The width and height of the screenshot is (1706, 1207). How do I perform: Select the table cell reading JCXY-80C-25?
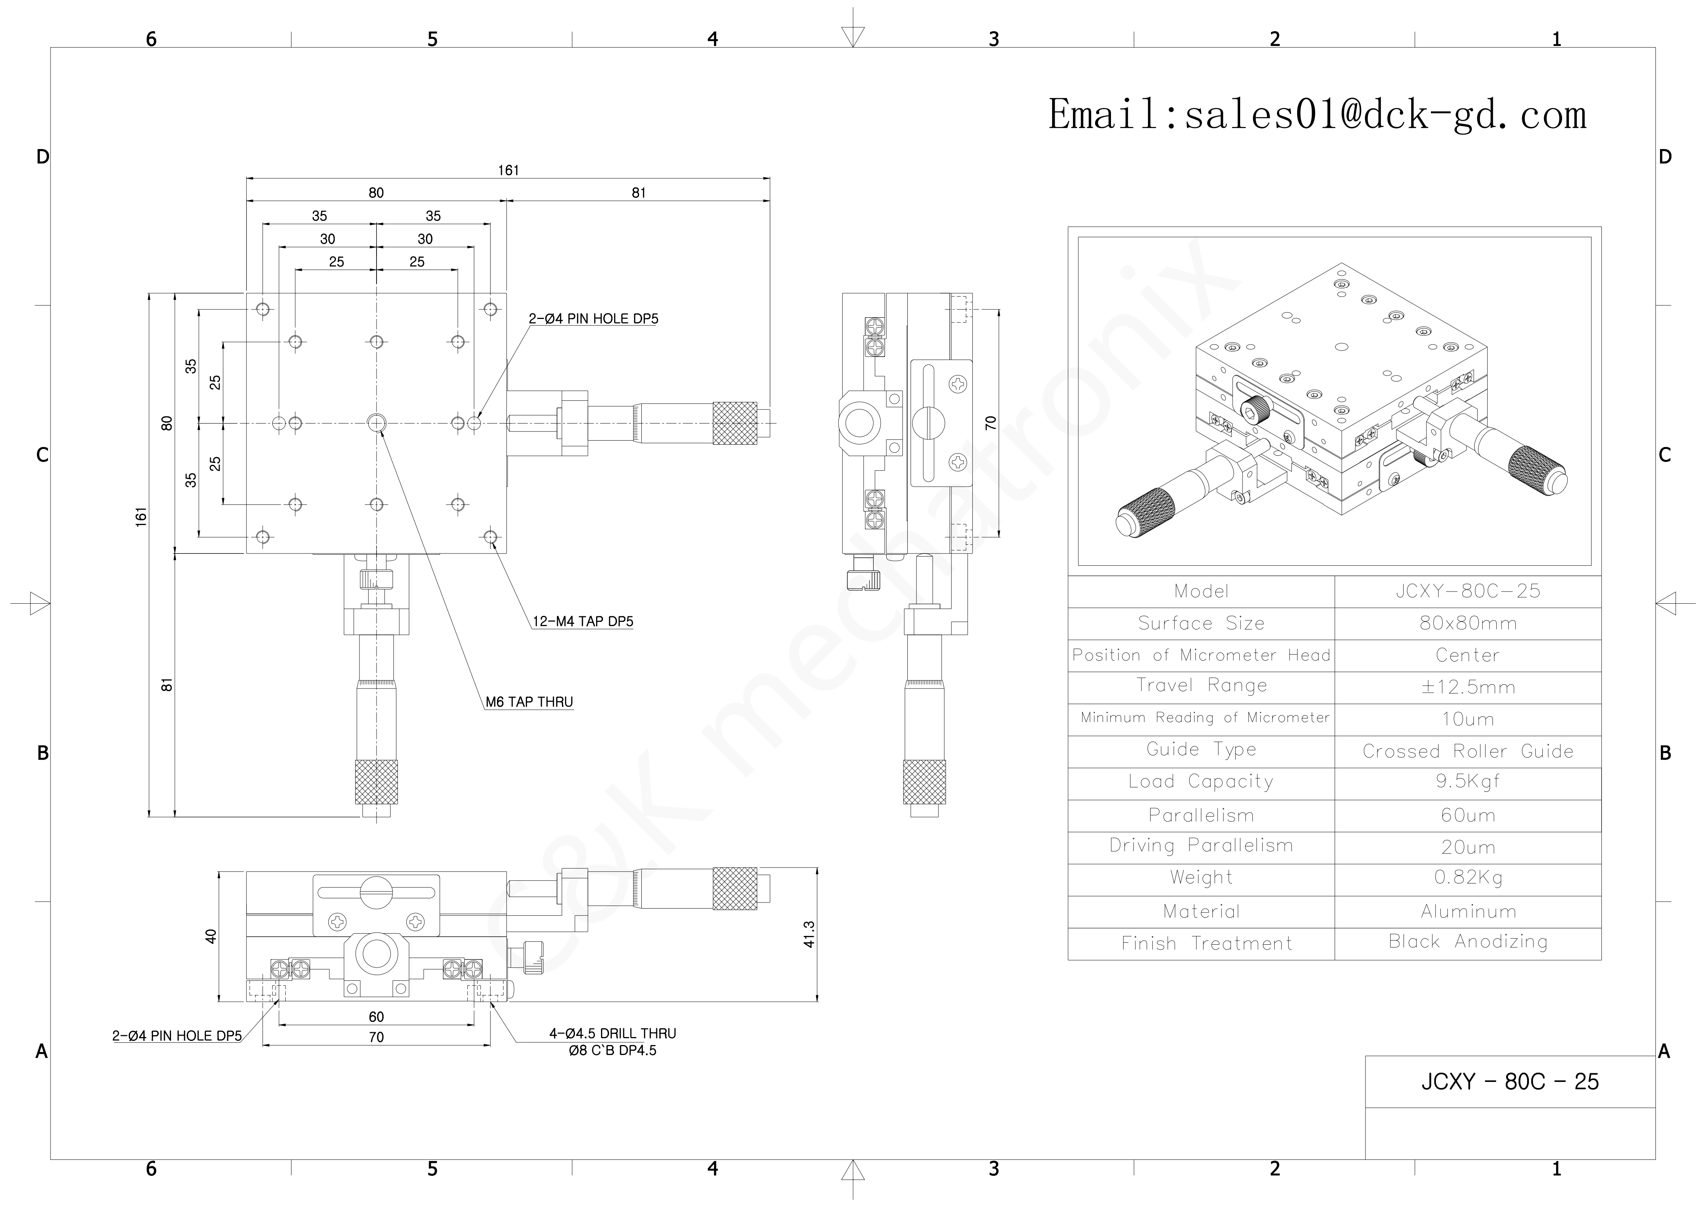(x=1467, y=592)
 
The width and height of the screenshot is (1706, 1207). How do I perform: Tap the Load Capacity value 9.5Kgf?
(x=1467, y=782)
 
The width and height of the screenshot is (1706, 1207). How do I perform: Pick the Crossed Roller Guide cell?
(x=1467, y=752)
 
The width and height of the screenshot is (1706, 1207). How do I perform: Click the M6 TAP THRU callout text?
(x=529, y=703)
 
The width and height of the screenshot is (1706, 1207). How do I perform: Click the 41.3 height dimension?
(x=809, y=934)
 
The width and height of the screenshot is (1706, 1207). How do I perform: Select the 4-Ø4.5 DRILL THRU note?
(x=612, y=1034)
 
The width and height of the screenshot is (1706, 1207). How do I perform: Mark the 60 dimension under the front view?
(x=376, y=1017)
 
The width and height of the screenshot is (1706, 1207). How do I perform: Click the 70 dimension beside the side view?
(x=991, y=423)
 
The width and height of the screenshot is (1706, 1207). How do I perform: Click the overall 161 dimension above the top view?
(x=508, y=170)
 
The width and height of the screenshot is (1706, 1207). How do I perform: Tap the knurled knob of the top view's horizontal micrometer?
(x=734, y=423)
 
